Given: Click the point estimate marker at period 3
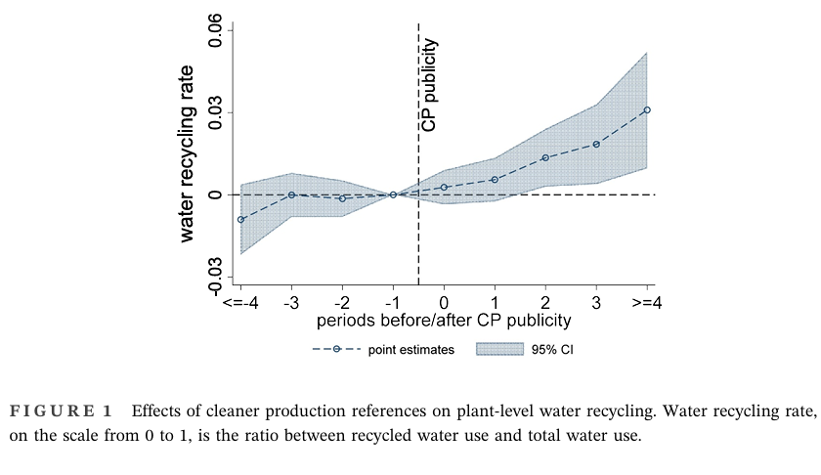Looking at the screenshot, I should [596, 145].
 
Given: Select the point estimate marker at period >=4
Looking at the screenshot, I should [647, 110].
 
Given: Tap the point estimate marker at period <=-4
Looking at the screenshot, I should [240, 219].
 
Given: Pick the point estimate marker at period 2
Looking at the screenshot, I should [545, 157].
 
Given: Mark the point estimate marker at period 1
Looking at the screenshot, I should [495, 180].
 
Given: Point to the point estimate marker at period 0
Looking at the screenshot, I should [444, 187].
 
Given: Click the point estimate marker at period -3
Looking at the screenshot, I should [291, 194].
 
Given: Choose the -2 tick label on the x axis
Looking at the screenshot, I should [341, 303].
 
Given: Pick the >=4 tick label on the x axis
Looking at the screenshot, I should [647, 303].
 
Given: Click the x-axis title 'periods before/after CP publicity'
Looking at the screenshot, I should [444, 321].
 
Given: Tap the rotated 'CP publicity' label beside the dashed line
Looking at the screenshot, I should [430, 85].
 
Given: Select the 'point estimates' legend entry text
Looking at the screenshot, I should [411, 350].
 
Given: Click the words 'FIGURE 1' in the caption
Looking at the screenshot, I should [60, 410].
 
